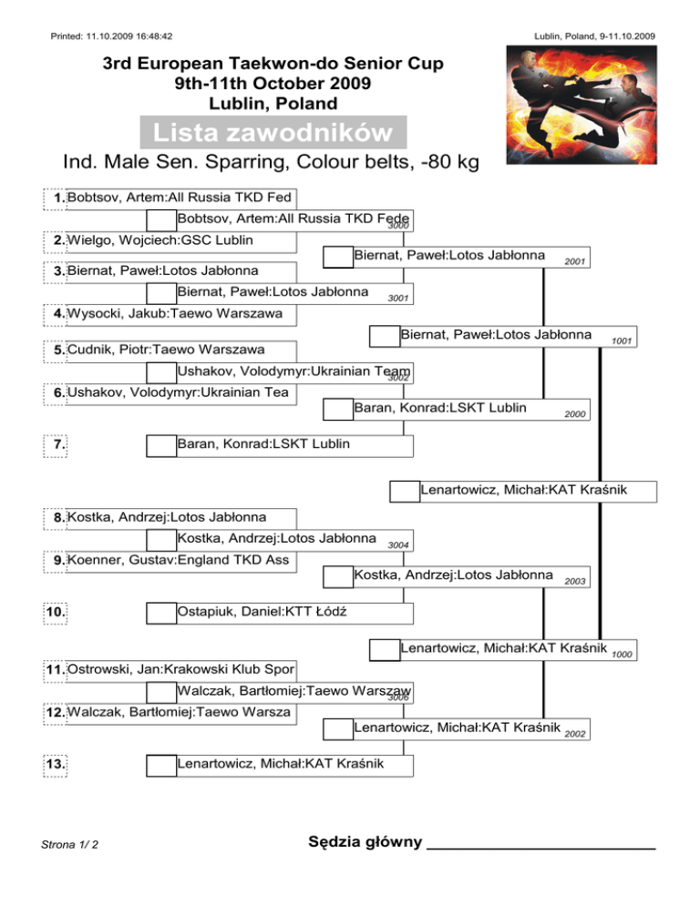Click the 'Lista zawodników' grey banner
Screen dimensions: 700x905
(x=273, y=132)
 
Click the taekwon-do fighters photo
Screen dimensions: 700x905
(x=582, y=105)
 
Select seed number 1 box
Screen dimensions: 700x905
(x=55, y=198)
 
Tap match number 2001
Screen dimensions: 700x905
(x=574, y=262)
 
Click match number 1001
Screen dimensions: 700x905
(x=622, y=341)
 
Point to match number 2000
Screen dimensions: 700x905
(x=574, y=414)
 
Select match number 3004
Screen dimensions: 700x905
(x=398, y=545)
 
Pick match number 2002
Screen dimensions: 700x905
(x=574, y=734)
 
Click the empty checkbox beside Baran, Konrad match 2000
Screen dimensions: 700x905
(x=338, y=409)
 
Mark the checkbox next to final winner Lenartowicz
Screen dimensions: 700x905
(x=405, y=491)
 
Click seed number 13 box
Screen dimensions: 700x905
(x=55, y=766)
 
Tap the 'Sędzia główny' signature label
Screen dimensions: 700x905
(x=365, y=841)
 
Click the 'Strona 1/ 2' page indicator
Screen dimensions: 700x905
(x=69, y=844)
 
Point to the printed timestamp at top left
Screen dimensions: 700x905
(x=111, y=36)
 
